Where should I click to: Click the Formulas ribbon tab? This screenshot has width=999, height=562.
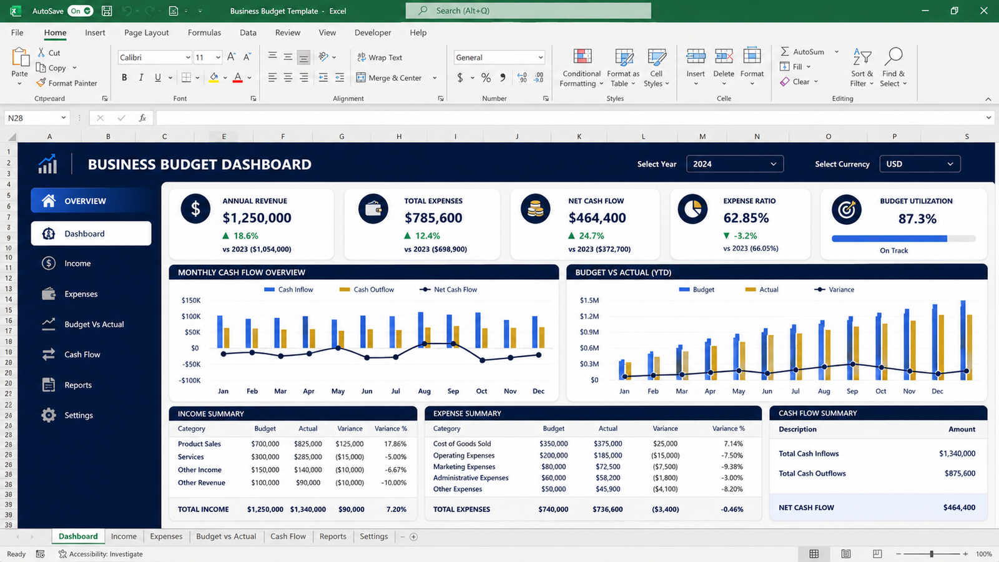[x=204, y=32]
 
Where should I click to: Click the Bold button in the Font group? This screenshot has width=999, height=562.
[x=124, y=77]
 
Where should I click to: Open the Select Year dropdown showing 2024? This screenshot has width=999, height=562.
[x=734, y=164]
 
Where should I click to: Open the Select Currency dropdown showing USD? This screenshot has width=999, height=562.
[x=920, y=164]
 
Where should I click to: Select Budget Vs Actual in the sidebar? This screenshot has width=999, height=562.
[x=94, y=324]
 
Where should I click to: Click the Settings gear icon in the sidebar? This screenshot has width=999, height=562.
[x=49, y=415]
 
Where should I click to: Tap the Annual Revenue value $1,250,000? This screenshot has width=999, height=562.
[x=257, y=218]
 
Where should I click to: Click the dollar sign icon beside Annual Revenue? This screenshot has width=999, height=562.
[x=195, y=209]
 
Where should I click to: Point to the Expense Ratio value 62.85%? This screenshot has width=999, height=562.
[x=746, y=218]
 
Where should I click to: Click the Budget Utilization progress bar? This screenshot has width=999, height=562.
[x=903, y=239]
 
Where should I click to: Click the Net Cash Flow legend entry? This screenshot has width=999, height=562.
[x=448, y=290]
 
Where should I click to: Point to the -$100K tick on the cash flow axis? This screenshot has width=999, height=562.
[x=190, y=380]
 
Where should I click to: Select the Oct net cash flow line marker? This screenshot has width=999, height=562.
[x=482, y=360]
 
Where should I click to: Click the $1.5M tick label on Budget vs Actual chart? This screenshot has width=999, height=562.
[x=589, y=300]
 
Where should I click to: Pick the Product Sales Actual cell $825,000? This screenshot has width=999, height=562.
[x=308, y=444]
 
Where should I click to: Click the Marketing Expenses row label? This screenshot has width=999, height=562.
[x=464, y=466]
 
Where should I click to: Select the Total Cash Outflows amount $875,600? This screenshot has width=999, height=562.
[x=960, y=473]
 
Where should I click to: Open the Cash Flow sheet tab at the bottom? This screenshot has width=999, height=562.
[x=288, y=536]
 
